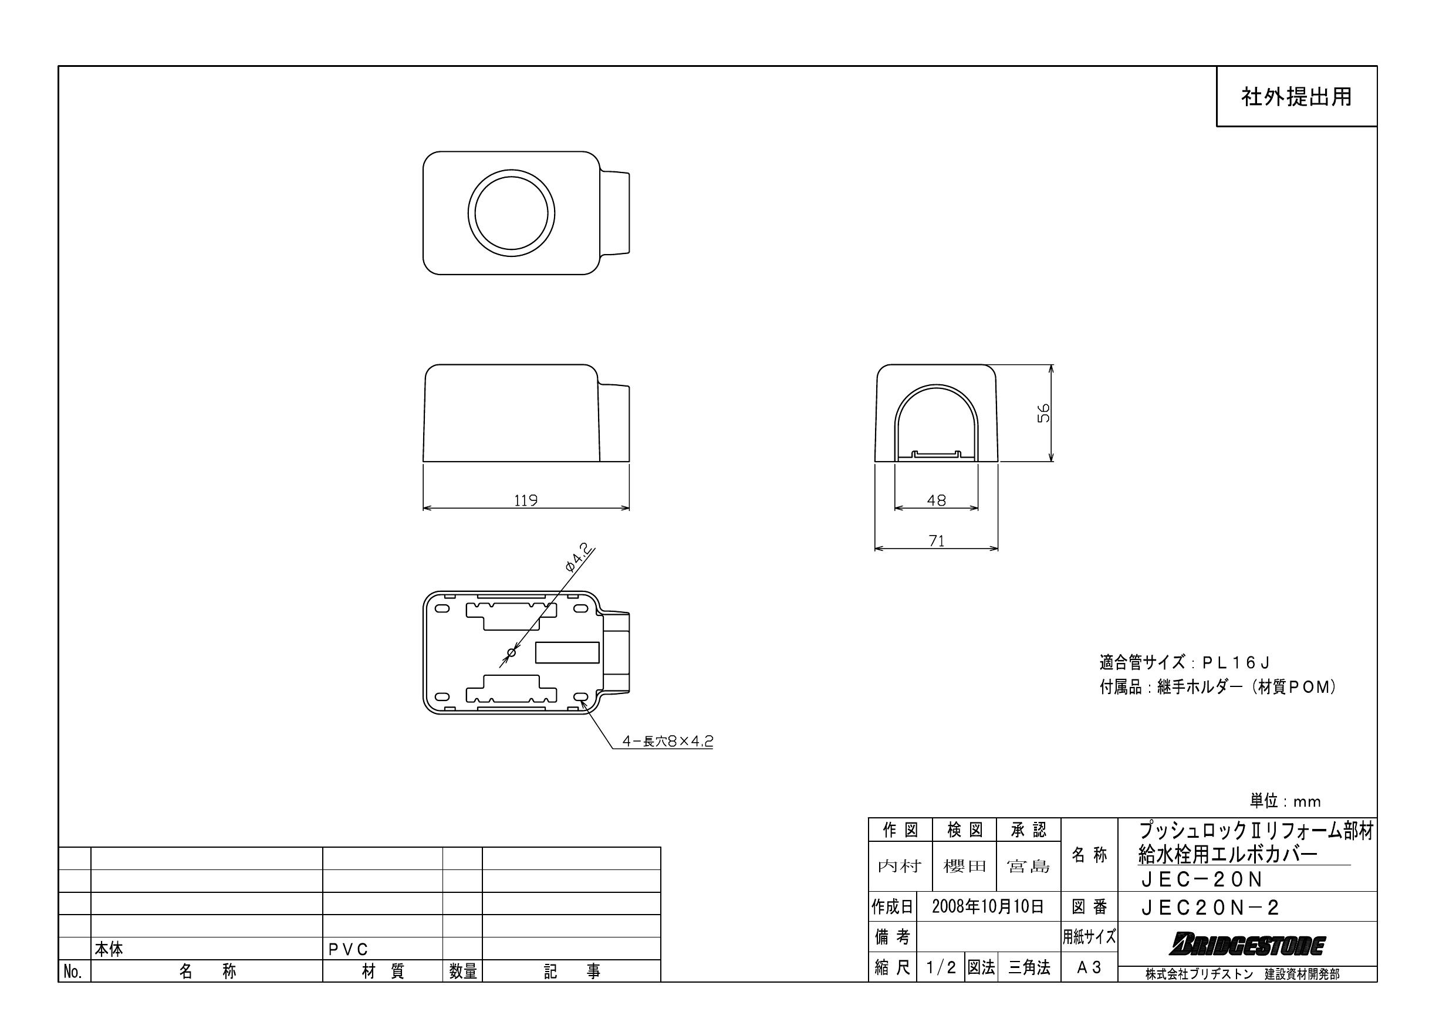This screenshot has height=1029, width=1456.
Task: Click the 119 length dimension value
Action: coord(525,500)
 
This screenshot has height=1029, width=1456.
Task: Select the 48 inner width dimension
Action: coord(936,500)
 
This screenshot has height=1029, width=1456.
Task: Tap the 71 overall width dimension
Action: coord(936,541)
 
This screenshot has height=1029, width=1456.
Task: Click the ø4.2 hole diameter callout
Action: coord(579,557)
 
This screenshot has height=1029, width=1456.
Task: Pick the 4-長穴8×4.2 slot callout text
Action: coord(668,740)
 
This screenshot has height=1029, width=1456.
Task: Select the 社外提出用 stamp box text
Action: coord(1296,97)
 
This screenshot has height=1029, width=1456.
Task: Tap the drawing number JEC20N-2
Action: coord(1210,908)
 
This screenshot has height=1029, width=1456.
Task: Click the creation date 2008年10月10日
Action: coord(987,906)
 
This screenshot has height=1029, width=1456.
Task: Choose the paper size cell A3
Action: coord(1089,967)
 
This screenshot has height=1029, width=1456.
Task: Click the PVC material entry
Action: coord(348,949)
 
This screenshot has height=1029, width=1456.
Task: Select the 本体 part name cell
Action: coord(109,949)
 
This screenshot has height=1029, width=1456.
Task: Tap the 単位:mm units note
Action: coord(1285,801)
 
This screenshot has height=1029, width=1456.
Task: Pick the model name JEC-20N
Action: coord(1202,879)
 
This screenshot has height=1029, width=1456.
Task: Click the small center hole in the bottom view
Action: coord(512,652)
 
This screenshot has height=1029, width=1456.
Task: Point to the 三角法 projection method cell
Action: coord(1029,967)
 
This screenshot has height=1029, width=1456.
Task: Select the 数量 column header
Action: coord(462,972)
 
